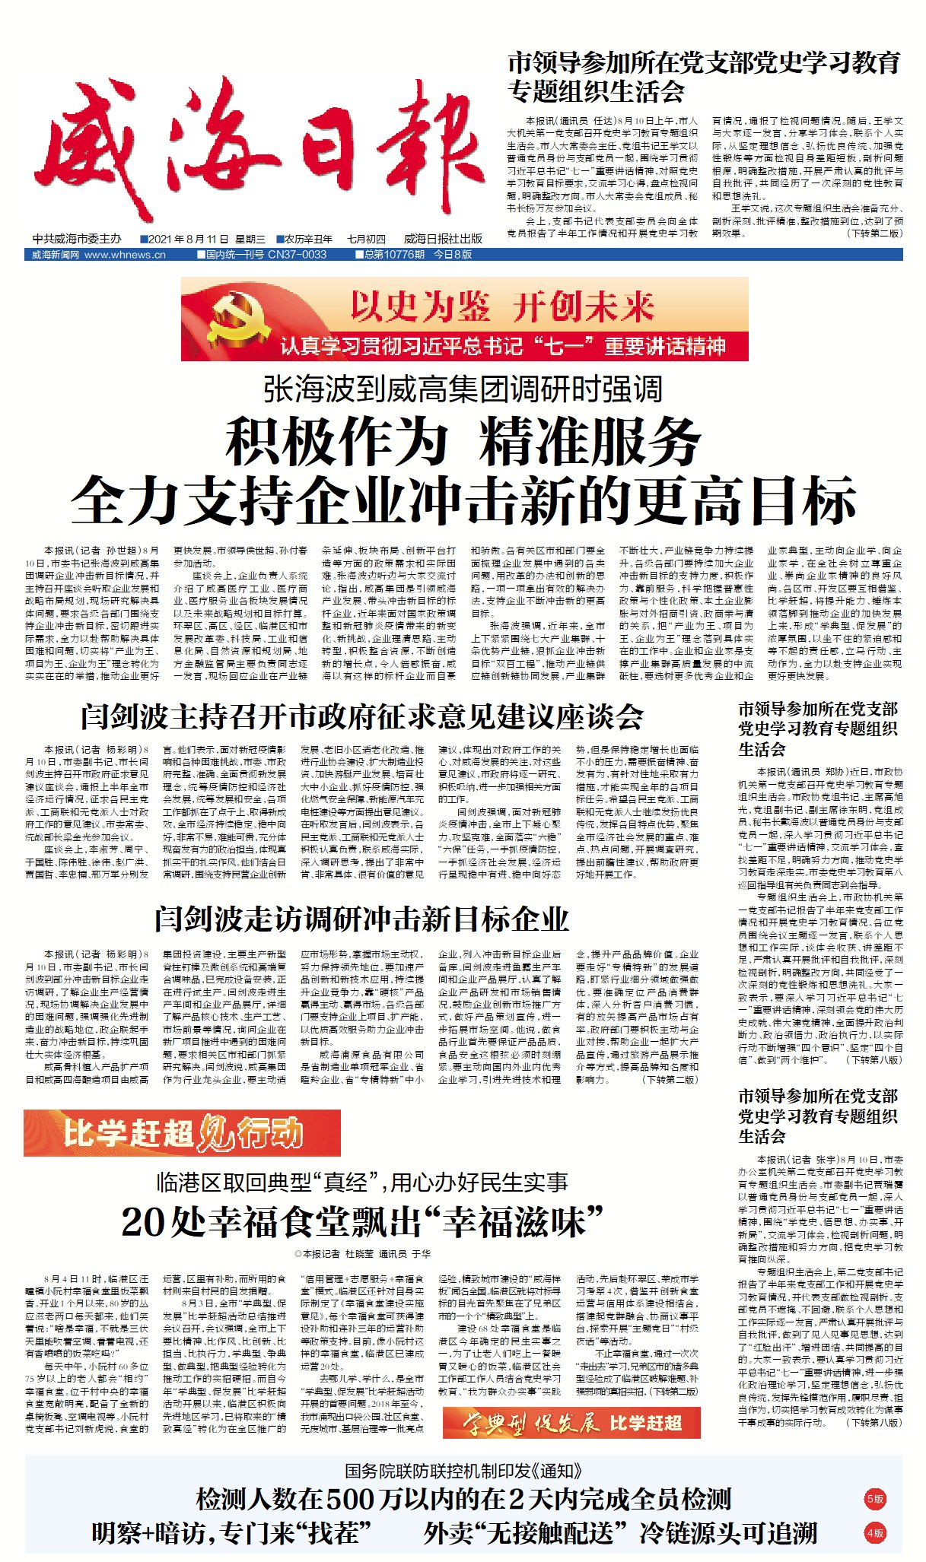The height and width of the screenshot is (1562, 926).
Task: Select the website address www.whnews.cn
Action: pos(125,255)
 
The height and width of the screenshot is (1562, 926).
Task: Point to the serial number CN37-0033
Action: pos(297,255)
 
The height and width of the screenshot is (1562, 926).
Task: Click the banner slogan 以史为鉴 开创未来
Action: pos(502,306)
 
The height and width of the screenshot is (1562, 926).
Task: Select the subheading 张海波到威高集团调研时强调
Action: pos(463,389)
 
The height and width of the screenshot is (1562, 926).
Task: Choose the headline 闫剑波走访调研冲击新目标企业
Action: pos(362,919)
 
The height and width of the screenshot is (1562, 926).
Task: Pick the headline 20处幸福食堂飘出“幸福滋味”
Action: pos(362,1222)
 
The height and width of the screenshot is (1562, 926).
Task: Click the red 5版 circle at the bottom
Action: pos(875,1499)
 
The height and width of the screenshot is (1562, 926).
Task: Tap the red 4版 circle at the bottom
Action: pos(875,1533)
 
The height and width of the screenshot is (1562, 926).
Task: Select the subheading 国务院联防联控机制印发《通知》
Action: pos(463,1471)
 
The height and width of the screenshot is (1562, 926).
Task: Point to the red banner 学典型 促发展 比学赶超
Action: pos(571,1423)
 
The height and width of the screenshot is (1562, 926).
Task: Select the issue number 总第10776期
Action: pos(393,255)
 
